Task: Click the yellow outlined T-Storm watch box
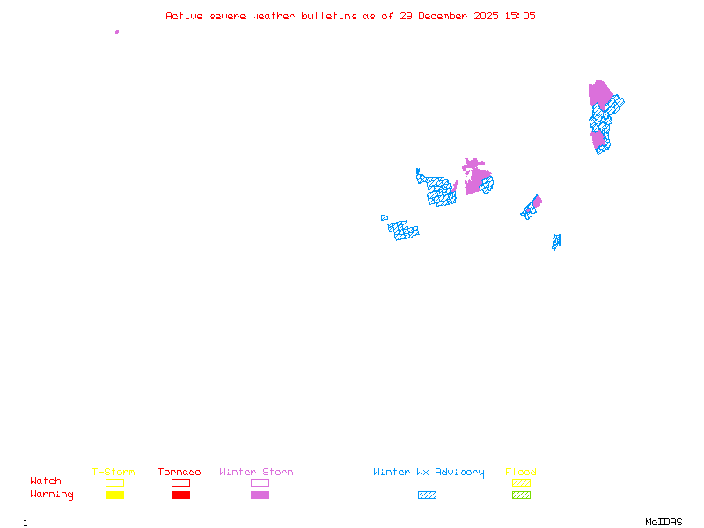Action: [x=114, y=482]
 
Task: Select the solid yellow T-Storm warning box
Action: [x=114, y=495]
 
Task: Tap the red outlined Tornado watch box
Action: [x=180, y=482]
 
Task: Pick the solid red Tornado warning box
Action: [x=180, y=495]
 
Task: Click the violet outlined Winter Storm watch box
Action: [x=260, y=482]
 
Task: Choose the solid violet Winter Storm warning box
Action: [x=260, y=495]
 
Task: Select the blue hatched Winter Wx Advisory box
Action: [x=427, y=495]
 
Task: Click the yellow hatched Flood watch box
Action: [x=521, y=482]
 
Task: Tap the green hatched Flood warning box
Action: [x=521, y=495]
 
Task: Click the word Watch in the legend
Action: [x=46, y=481]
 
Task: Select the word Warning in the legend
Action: [x=52, y=495]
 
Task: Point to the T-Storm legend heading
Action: [x=114, y=473]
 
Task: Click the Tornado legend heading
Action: [x=180, y=473]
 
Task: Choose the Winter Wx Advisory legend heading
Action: [x=429, y=473]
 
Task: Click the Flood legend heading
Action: [x=521, y=473]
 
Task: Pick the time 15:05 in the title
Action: [x=519, y=16]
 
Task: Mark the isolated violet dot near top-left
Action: [x=117, y=32]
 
